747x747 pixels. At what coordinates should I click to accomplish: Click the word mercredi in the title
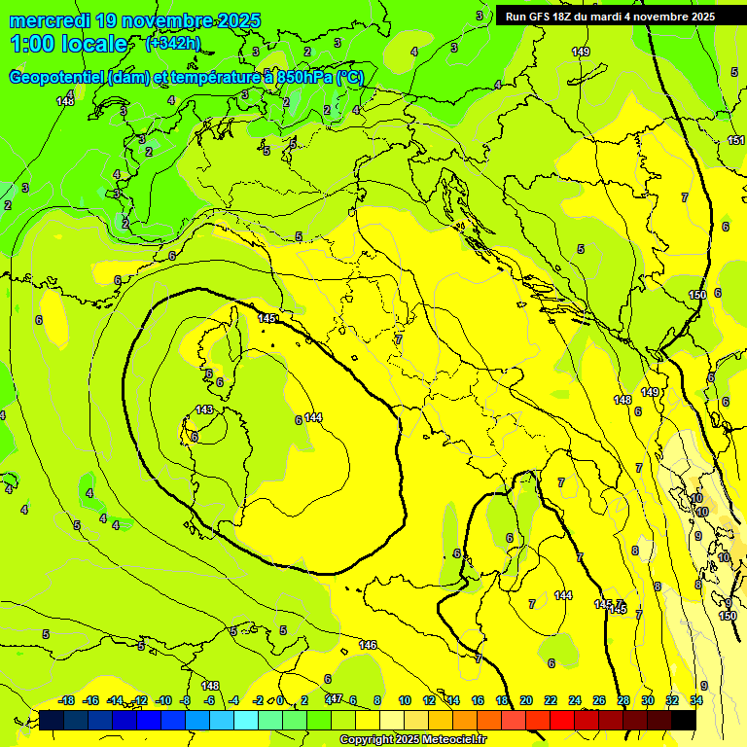pyautogui.click(x=51, y=20)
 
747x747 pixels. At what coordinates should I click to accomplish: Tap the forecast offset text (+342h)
pyautogui.click(x=172, y=43)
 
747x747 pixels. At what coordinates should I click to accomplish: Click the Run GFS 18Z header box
pyautogui.click(x=610, y=16)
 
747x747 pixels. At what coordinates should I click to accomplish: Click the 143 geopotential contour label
pyautogui.click(x=204, y=409)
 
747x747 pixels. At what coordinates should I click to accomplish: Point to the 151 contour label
pyautogui.click(x=735, y=140)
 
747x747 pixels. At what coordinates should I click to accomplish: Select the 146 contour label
pyautogui.click(x=368, y=645)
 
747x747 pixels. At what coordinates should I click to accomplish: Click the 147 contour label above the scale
pyautogui.click(x=334, y=698)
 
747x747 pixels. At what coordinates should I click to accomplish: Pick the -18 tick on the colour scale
pyautogui.click(x=67, y=700)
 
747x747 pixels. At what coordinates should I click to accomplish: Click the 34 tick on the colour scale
pyautogui.click(x=696, y=700)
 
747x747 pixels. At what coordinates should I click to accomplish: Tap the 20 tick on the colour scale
pyautogui.click(x=526, y=700)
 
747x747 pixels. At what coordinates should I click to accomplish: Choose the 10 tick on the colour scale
pyautogui.click(x=405, y=700)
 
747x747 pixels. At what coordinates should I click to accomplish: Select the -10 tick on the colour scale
pyautogui.click(x=163, y=700)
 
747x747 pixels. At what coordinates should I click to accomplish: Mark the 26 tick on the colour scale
pyautogui.click(x=599, y=700)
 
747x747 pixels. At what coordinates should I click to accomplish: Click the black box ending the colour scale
pyautogui.click(x=684, y=720)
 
